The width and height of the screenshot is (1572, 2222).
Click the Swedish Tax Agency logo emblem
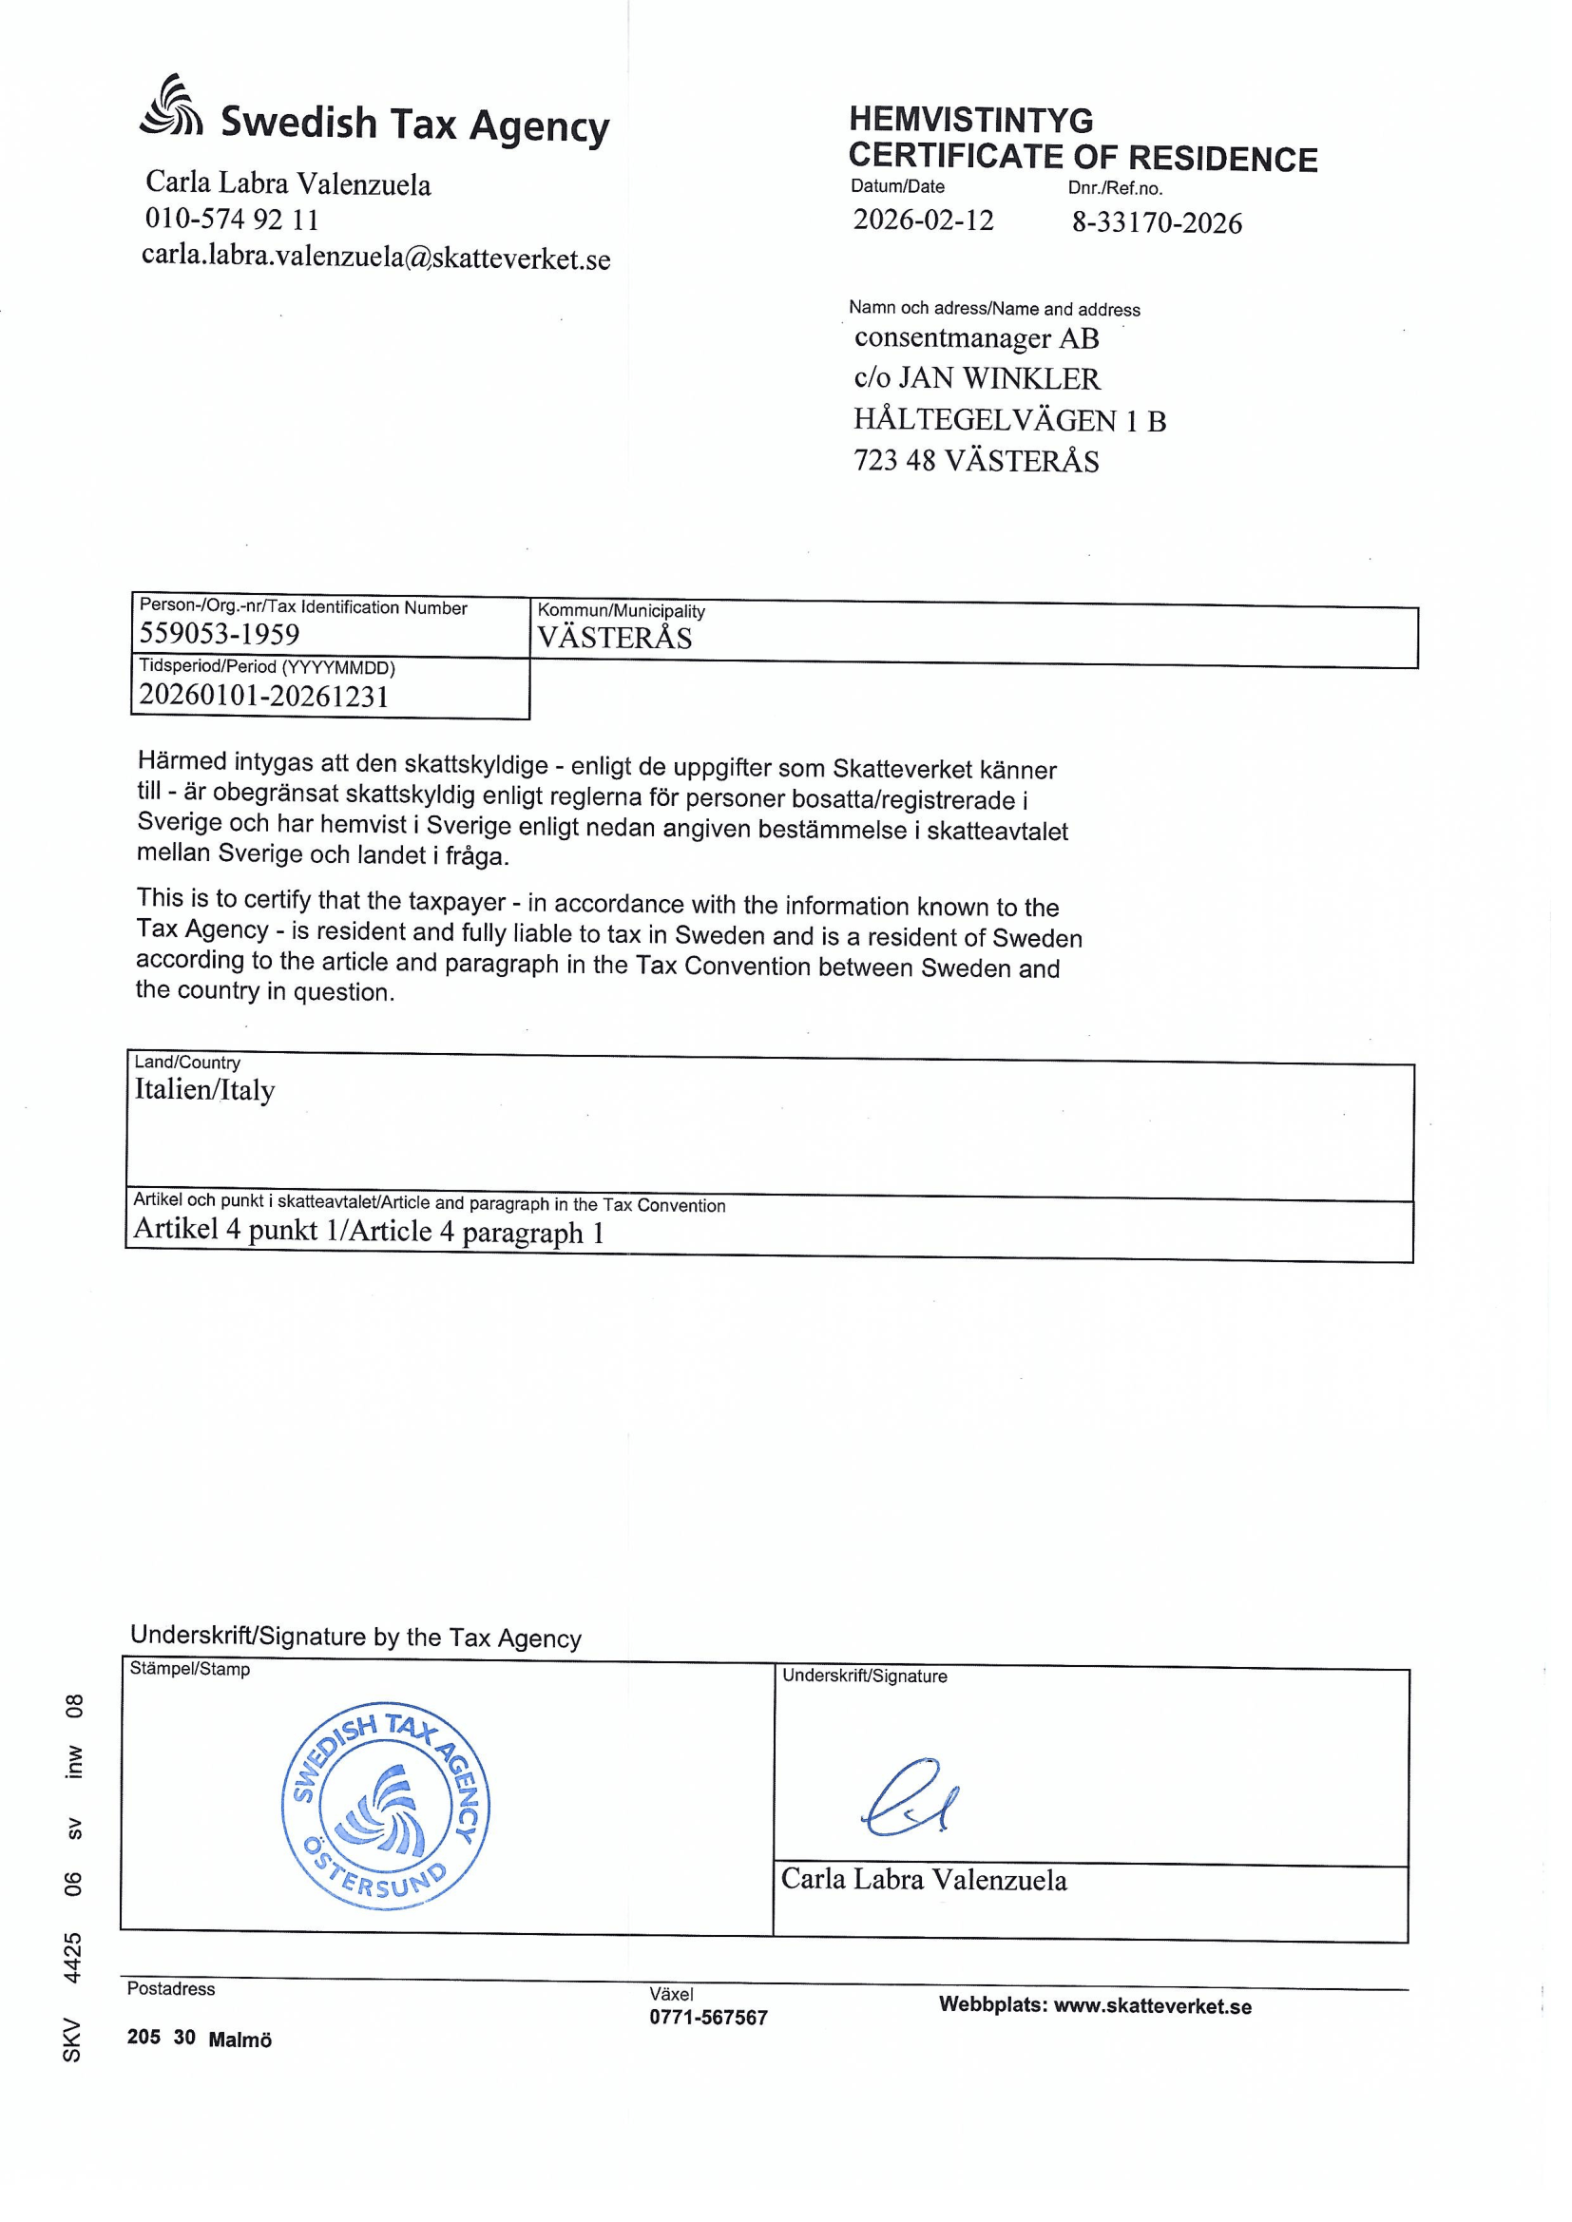click(171, 106)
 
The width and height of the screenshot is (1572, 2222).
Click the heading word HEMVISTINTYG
click(971, 120)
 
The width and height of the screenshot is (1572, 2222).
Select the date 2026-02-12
click(923, 220)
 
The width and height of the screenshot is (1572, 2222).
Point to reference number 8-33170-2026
click(1156, 223)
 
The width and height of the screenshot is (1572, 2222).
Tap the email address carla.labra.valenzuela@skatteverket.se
click(375, 259)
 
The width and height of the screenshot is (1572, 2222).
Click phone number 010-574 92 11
click(232, 220)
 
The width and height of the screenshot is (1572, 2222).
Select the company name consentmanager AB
click(976, 337)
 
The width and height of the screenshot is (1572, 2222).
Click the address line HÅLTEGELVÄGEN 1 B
click(1009, 420)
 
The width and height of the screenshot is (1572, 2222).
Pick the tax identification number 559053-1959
click(220, 634)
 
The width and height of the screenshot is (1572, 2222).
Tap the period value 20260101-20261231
click(263, 696)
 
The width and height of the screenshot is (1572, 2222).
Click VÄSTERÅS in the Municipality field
click(615, 639)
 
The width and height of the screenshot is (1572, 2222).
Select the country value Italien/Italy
click(204, 1090)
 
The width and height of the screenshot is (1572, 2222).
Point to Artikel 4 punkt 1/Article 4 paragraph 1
click(369, 1231)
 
